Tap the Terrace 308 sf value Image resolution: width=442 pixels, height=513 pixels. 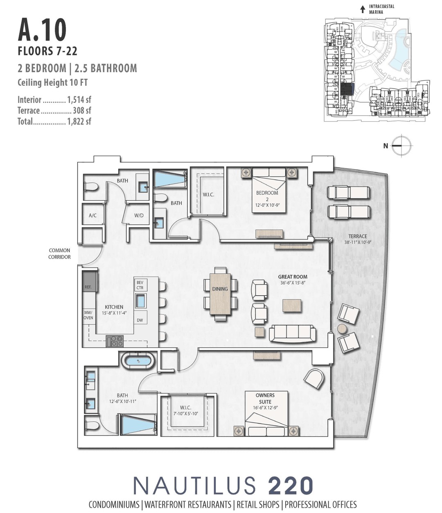click(x=81, y=111)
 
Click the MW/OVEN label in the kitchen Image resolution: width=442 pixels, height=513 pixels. click(x=88, y=315)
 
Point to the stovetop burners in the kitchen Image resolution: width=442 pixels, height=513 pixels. click(x=115, y=340)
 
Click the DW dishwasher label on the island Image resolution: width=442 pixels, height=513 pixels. click(x=140, y=320)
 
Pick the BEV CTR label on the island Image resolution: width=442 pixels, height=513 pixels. click(x=140, y=285)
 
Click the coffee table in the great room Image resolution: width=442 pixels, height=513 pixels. click(x=291, y=306)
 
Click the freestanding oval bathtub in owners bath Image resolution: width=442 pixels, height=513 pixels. click(x=138, y=361)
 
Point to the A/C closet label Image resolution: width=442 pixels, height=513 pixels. click(x=93, y=215)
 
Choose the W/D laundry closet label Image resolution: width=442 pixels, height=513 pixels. click(x=139, y=215)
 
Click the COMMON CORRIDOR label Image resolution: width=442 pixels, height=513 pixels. click(x=60, y=253)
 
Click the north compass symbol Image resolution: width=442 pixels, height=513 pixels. click(x=401, y=146)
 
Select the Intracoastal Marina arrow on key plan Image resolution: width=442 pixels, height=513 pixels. click(x=363, y=9)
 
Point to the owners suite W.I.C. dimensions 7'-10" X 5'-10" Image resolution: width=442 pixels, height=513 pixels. click(x=185, y=414)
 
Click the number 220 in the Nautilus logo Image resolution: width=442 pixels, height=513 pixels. click(x=291, y=486)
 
